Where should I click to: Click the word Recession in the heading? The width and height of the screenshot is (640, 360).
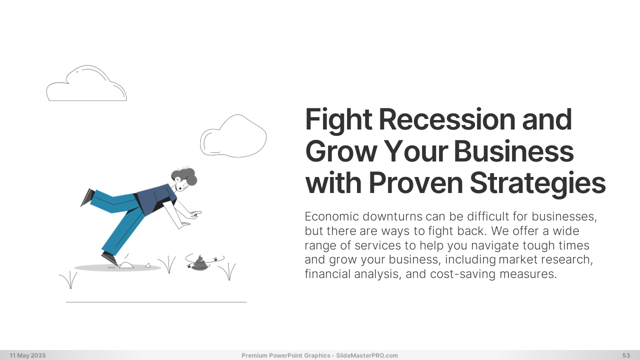[x=447, y=119]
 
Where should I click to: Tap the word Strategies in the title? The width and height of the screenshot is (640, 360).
[x=537, y=183]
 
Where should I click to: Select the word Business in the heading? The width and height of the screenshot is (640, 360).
[x=513, y=151]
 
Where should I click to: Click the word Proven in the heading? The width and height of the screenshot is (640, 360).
[x=415, y=183]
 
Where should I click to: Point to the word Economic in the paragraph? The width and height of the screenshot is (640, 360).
[x=331, y=216]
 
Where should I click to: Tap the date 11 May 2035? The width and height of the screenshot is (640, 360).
[x=27, y=355]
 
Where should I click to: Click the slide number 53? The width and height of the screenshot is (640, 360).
[x=626, y=355]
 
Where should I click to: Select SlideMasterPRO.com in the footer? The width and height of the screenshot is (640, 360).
[x=367, y=355]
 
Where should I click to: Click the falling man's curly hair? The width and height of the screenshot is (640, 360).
[x=185, y=175]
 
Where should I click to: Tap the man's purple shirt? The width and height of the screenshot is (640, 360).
[x=156, y=199]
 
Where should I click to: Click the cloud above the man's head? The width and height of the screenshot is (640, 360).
[x=233, y=136]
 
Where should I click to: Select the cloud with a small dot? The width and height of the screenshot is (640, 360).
[x=86, y=83]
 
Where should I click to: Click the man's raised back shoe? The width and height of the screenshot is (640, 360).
[x=87, y=197]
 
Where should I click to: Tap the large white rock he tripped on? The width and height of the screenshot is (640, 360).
[x=126, y=265]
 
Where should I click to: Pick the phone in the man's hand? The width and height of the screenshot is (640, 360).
[x=196, y=212]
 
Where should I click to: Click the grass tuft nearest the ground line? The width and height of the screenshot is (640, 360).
[x=69, y=280]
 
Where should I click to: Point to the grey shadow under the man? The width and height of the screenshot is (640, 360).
[x=117, y=267]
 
